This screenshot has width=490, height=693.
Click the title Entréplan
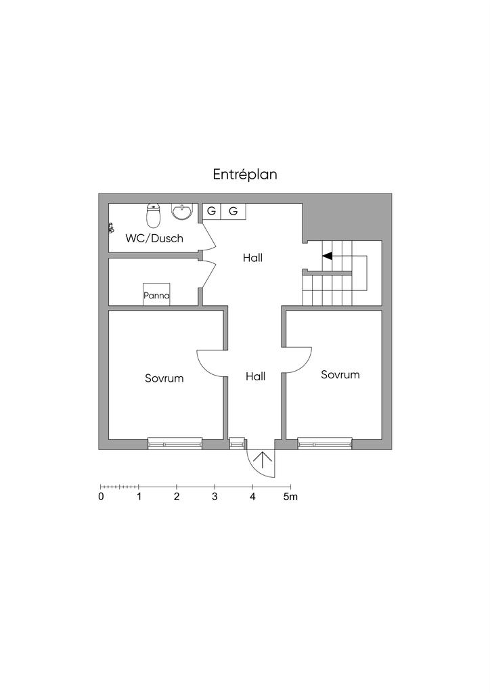coord(245,175)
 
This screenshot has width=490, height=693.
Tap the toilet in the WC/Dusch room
coord(153,215)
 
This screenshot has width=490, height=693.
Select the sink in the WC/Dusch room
coord(182,212)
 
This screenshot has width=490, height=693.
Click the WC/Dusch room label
coord(154,238)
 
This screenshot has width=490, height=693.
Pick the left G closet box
coord(212,211)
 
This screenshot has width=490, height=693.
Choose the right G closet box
coord(233,211)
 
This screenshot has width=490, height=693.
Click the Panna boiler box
coord(156,294)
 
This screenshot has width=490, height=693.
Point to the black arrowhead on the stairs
coord(327,256)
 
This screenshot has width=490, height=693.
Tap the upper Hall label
coord(252,258)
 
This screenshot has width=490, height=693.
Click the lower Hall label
coord(255,376)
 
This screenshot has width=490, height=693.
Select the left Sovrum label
coord(164,378)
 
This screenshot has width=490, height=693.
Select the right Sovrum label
coord(340,375)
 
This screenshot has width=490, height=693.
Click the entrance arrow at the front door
coord(263,460)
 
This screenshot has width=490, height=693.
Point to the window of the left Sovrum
coord(175,443)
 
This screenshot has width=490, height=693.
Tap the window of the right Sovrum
coord(325,443)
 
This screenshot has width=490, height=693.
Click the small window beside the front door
coord(237,443)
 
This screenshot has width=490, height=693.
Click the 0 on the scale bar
coord(102,497)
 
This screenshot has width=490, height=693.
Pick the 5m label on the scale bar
coord(290,497)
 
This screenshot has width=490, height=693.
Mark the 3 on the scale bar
coord(215,497)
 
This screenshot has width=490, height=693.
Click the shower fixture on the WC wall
coord(111,227)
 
